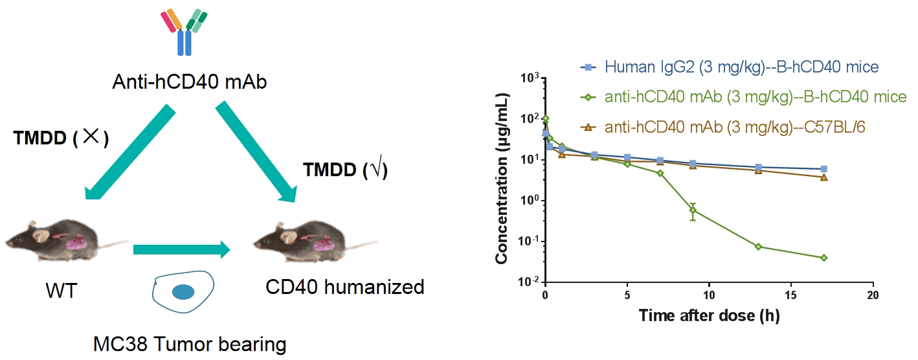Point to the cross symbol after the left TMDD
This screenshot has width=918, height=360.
point(91,138)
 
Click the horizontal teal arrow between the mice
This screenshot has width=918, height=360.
point(182,249)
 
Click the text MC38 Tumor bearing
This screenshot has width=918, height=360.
point(181,343)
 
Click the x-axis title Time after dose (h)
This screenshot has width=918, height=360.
point(709,316)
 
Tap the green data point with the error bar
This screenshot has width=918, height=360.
point(693,210)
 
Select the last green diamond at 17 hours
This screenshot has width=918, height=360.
point(823,258)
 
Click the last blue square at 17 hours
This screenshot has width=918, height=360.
point(823,169)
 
